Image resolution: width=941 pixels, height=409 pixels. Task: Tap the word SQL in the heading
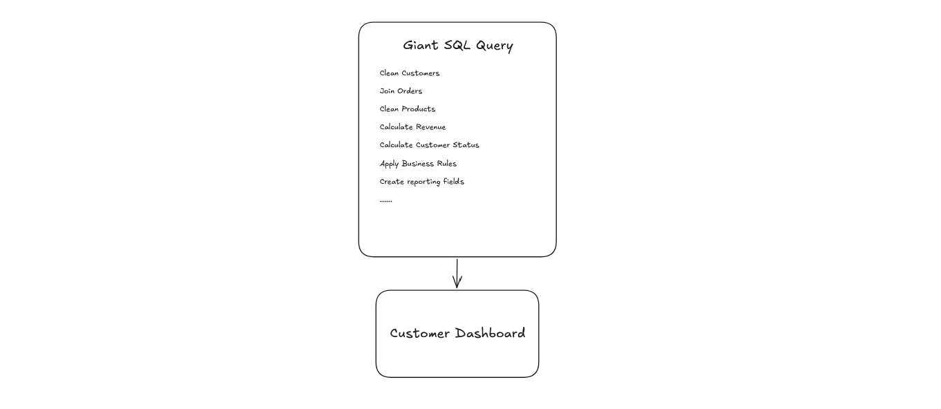pos(457,45)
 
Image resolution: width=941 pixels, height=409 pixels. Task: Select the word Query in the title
pos(495,46)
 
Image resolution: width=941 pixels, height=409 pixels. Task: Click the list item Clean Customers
pos(410,73)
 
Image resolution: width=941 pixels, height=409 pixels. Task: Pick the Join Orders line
pos(401,91)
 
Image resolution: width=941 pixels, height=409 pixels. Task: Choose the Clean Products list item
pos(408,109)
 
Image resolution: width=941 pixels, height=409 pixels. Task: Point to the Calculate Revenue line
pos(412,127)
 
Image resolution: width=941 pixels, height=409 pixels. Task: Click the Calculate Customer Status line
pos(429,145)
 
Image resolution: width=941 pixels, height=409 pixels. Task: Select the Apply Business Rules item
pos(418,164)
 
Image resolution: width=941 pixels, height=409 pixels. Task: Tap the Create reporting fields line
pos(421,182)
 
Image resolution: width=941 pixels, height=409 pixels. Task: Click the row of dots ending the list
pos(386,202)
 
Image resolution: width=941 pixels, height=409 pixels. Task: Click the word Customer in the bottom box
pos(420,334)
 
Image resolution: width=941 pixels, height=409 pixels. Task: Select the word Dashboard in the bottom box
pos(491,333)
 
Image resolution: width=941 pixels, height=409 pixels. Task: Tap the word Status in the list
pos(466,145)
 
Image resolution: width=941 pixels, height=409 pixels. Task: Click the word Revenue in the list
pos(430,127)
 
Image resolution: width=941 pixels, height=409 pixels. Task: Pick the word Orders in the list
pos(410,91)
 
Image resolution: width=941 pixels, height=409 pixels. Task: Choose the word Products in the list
pos(419,109)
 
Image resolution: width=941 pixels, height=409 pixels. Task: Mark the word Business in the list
pos(417,163)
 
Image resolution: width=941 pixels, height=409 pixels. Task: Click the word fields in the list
pos(454,182)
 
